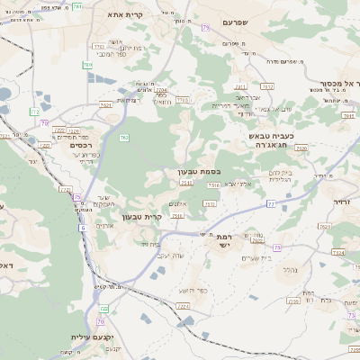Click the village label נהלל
(290, 269)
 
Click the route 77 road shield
(271, 204)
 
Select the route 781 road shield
(88, 65)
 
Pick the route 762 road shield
(124, 137)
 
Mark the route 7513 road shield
(213, 185)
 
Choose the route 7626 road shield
(301, 148)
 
